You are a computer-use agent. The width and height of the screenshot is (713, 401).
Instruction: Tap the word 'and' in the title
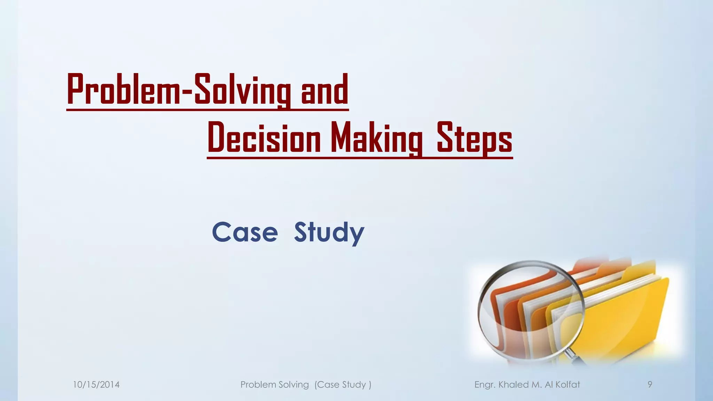tap(324, 90)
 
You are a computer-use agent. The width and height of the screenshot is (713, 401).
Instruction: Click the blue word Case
tap(245, 232)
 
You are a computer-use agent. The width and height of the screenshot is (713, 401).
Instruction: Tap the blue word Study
tap(329, 233)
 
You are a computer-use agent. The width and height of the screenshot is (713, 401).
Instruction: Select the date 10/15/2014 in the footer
tap(96, 385)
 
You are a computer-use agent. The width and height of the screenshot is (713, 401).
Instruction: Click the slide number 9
tap(650, 384)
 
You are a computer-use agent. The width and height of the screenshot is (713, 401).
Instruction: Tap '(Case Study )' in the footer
tap(343, 385)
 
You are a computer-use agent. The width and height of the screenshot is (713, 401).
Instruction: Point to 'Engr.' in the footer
tap(485, 385)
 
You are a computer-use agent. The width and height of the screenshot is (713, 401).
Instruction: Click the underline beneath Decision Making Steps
tap(360, 158)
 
